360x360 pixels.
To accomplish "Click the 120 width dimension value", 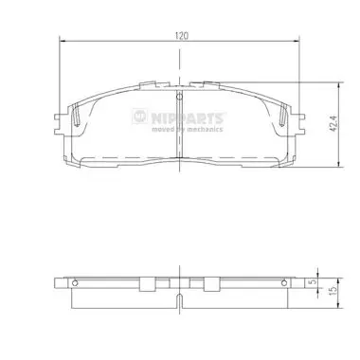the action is coord(182,36).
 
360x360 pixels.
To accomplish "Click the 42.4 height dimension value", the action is coord(334,123).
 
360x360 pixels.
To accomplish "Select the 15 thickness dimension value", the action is coord(332,291).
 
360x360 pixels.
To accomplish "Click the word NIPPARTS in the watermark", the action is coord(188,118).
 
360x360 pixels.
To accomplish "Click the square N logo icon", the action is coord(140,117).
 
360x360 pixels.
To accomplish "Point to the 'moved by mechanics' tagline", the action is coord(188,129).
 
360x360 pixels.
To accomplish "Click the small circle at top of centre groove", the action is coord(179,96).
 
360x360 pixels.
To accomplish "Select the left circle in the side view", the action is coord(75,283).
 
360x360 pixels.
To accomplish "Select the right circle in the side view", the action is coord(284,283).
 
